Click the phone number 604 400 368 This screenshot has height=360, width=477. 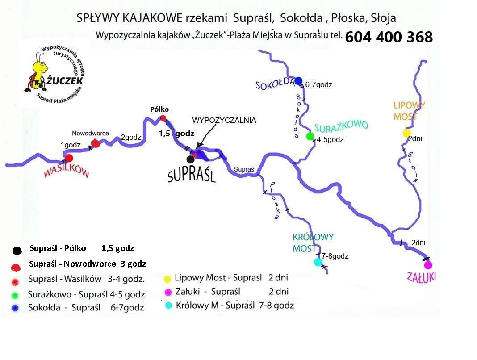389,37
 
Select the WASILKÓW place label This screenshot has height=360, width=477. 67,172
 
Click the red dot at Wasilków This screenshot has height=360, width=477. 69,158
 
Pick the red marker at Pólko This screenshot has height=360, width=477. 163,118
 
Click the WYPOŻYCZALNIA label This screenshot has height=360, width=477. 224,120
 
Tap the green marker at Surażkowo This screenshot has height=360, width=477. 310,136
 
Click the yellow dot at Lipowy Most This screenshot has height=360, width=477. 406,133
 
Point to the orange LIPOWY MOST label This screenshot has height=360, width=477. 409,111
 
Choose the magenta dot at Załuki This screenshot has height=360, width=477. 428,265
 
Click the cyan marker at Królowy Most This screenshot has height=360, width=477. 318,262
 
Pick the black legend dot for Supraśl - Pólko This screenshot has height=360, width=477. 17,251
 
